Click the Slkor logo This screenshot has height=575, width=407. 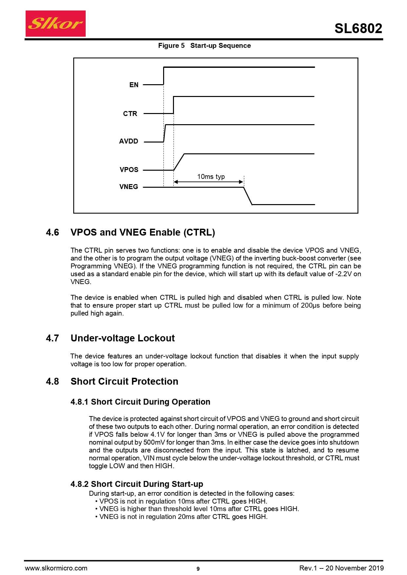pos(55,24)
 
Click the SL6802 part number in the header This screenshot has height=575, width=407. pos(358,29)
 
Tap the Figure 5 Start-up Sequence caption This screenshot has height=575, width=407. pos(204,46)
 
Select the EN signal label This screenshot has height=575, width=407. pos(134,85)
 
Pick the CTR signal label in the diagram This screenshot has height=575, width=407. pos(130,114)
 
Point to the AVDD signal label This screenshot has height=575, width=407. pos(129,141)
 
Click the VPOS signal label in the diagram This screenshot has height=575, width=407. pos(129,170)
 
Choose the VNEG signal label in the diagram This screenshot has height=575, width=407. pos(129,187)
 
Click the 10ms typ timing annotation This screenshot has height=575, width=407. pos(211,177)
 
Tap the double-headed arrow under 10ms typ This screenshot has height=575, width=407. pos(208,182)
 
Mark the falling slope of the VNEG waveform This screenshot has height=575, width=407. pos(248,196)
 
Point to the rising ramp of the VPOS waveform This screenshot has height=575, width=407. pos(179,162)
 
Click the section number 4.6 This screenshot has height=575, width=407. pos(53,232)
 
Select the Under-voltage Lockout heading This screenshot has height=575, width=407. pos(123,338)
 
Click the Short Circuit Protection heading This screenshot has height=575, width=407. pos(124,381)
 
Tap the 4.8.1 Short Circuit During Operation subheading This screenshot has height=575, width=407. pos(140,402)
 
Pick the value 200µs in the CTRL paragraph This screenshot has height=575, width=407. pos(310,305)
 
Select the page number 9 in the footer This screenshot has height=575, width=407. pos(198,569)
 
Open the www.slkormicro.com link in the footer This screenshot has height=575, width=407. pos(56,568)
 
